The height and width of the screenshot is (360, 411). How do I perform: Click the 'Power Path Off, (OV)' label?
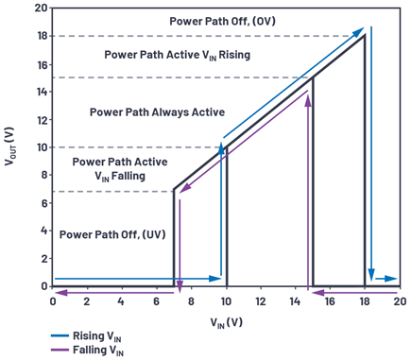point(222,22)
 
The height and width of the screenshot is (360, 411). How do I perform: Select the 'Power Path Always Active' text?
point(157,112)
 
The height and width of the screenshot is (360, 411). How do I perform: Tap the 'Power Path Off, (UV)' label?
point(112,234)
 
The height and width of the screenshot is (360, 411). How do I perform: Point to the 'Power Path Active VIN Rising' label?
point(178,55)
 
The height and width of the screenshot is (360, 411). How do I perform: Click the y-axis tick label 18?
point(42,36)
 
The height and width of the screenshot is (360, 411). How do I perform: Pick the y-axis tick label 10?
point(42,147)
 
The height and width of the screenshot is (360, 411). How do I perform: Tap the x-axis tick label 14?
point(295,301)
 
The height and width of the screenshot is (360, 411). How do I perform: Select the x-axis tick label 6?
point(156,301)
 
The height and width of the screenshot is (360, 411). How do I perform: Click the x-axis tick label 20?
point(400,301)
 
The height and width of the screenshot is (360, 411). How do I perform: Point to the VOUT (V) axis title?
point(9,146)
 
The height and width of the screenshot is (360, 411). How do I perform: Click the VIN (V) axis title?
point(227,322)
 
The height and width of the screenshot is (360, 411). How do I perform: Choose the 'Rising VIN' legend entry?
point(86,336)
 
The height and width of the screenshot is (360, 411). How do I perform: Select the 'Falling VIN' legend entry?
point(87,351)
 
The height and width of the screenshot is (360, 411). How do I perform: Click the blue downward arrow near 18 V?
point(371,153)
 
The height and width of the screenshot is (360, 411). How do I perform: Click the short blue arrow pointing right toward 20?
point(386,279)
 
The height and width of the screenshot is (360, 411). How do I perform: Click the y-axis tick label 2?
point(44,259)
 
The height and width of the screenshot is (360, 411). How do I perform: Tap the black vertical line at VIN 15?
point(313,181)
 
